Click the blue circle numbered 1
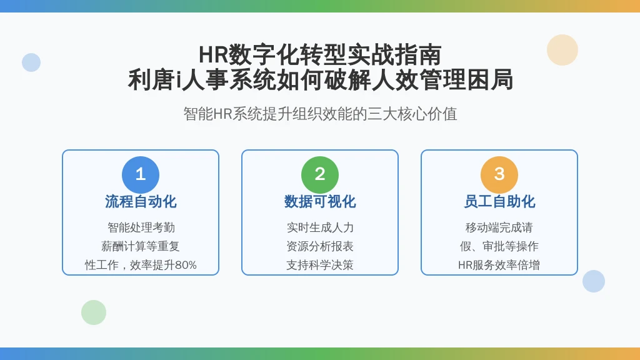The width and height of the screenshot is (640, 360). (x=141, y=175)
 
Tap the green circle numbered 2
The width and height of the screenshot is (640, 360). (x=320, y=175)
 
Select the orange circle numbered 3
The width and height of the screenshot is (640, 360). (x=499, y=175)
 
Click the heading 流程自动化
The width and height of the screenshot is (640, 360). (x=141, y=202)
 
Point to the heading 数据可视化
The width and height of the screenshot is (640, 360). (x=320, y=202)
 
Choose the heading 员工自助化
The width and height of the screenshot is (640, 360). (x=499, y=202)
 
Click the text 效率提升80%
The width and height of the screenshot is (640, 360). (x=163, y=265)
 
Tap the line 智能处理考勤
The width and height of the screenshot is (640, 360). (x=141, y=227)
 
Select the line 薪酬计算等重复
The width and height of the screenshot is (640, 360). (x=141, y=246)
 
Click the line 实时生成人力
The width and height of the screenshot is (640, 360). (x=320, y=227)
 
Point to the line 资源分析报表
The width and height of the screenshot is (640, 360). (x=320, y=246)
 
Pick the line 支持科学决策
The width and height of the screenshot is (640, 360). (x=320, y=265)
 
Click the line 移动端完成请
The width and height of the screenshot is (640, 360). (x=499, y=227)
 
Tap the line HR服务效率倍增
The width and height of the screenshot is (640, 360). (x=499, y=265)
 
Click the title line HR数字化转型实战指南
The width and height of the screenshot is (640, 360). (x=320, y=55)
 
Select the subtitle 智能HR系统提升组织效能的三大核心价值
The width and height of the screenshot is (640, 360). (x=320, y=114)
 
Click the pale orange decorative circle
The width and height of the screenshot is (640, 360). (x=562, y=50)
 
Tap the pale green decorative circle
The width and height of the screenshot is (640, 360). (x=94, y=312)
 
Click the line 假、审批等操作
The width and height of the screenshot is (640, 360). (x=499, y=246)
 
